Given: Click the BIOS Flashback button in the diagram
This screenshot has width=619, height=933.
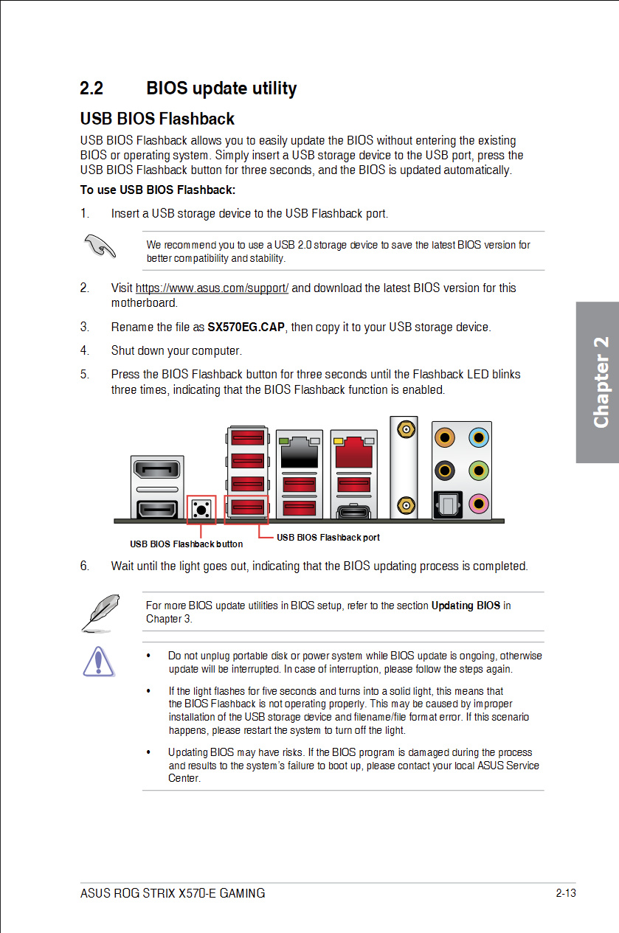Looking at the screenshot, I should pos(201,509).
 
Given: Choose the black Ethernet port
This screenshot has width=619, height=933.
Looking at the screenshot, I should pos(300,451).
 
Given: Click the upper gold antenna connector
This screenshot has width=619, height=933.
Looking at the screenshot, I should pos(404,429).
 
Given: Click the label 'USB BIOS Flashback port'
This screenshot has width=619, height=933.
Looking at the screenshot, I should pos(328,538).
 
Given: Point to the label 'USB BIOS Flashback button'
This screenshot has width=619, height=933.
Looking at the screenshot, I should pos(187,544).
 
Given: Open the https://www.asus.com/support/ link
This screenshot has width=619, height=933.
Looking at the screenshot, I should pos(212,288).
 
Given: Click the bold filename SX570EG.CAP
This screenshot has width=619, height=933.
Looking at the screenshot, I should pos(246,327).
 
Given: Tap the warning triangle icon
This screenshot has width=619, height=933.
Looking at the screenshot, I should pos(97,661).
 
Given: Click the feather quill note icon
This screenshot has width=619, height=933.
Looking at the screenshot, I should pos(97,612).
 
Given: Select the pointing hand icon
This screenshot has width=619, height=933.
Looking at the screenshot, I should pos(100,246).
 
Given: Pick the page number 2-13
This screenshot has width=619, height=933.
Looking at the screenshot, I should pos(565,893).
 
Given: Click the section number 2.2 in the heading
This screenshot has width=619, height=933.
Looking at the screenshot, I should pos(91,89).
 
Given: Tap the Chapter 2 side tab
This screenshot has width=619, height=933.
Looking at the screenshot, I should pos(600,382).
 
